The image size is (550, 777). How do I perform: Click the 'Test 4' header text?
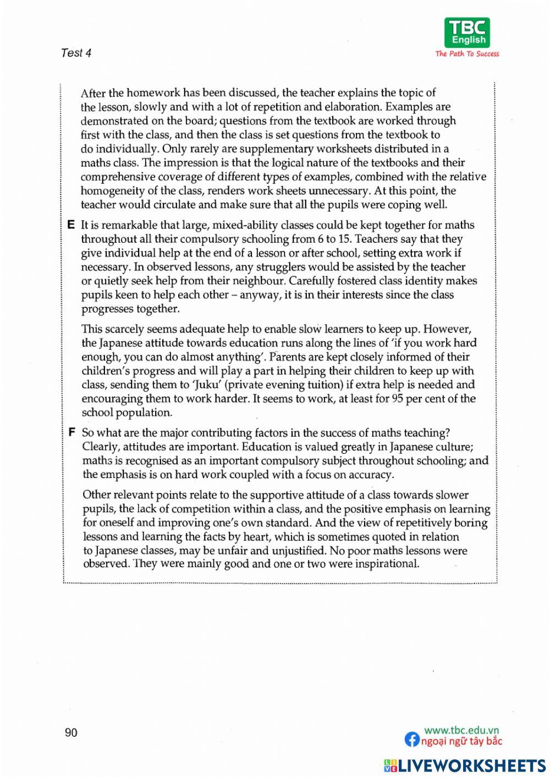point(76,53)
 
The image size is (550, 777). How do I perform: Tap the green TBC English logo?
point(468,32)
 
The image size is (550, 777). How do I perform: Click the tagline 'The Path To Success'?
point(468,54)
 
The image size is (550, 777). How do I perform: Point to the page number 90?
point(71,732)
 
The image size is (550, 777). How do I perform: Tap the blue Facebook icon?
point(411,740)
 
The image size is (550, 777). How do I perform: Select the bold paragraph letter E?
point(70,225)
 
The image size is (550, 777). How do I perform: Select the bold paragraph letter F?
point(71,433)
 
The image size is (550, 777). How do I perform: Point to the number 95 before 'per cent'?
point(397,399)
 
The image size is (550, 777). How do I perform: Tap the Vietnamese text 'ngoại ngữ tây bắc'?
point(461,741)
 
